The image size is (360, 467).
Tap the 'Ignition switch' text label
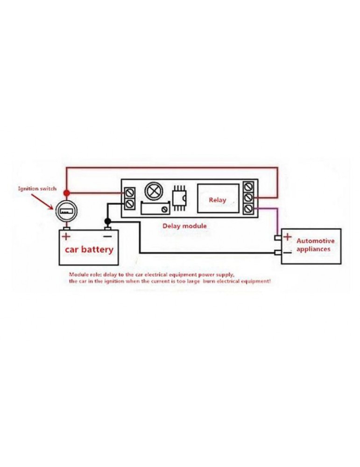(x=37, y=189)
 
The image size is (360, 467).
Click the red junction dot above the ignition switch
(x=67, y=192)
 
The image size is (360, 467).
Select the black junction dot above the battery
(x=107, y=221)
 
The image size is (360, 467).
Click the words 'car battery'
(x=89, y=249)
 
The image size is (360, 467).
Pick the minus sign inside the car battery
(x=107, y=236)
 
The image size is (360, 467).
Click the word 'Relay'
(x=217, y=200)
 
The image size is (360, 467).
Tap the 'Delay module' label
(x=184, y=226)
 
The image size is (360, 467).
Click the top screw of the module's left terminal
(x=130, y=192)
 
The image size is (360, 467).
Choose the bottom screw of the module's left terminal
(x=130, y=204)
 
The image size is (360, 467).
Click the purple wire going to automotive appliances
(x=279, y=219)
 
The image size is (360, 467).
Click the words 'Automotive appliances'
(x=316, y=245)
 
